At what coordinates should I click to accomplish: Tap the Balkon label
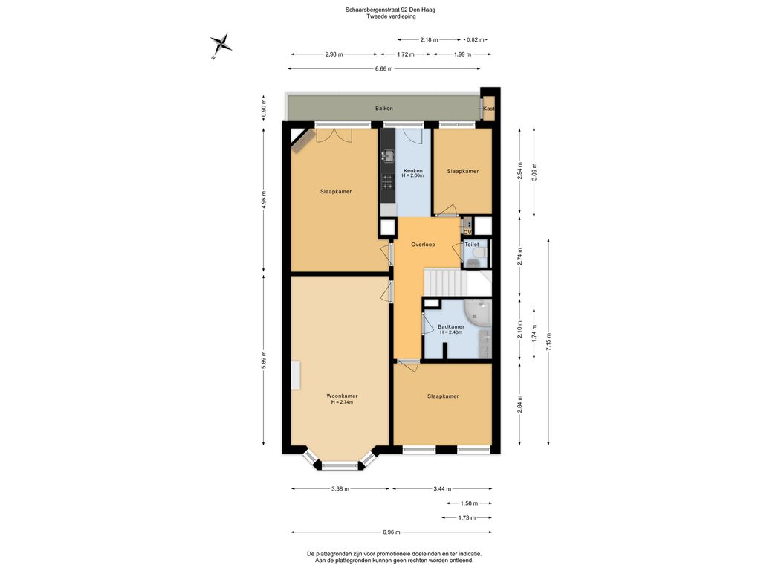pos(384,109)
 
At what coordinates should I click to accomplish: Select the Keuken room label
pos(412,171)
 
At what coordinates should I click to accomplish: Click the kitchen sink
pos(387,156)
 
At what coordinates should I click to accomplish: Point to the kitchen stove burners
pos(387,182)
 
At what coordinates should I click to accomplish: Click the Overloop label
pos(423,244)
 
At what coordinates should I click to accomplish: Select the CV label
pos(468,233)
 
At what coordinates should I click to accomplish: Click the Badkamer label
pos(451,327)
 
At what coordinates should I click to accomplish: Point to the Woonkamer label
pos(342,396)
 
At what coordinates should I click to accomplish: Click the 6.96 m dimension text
pos(391,532)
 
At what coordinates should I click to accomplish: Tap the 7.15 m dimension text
pos(548,341)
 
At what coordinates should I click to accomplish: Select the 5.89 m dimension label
pos(264,360)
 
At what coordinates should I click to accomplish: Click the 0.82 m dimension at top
pos(475,40)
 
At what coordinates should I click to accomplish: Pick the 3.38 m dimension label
pos(340,489)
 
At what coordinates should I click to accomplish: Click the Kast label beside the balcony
pos(489,109)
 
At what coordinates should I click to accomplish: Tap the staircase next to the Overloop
pos(445,282)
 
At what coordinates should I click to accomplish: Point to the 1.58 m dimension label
pos(469,503)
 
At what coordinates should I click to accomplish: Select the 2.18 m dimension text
pos(429,40)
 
